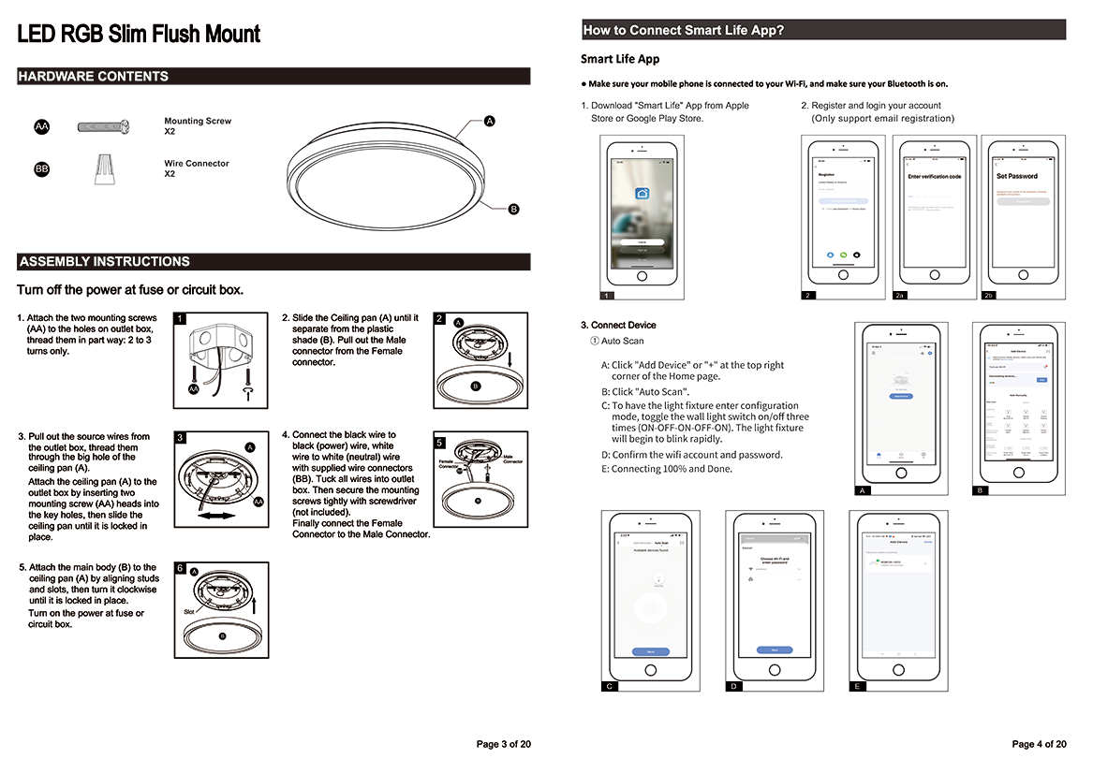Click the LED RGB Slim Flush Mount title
[x=139, y=36]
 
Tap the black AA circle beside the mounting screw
[x=41, y=126]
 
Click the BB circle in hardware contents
[x=41, y=169]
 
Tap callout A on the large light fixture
[x=489, y=122]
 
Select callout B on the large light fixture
[x=513, y=209]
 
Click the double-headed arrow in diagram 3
[x=214, y=516]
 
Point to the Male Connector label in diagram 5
[x=513, y=459]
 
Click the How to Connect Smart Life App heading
[x=683, y=30]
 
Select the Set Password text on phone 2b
[x=1016, y=176]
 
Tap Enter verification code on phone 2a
[x=934, y=176]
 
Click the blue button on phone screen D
[x=775, y=650]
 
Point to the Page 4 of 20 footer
[x=1039, y=745]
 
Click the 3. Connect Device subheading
[x=618, y=325]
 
